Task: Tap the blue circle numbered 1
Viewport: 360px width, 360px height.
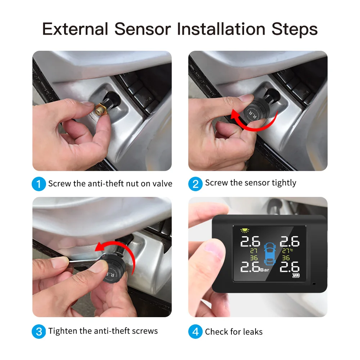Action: (39, 184)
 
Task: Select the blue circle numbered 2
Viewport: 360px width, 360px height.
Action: (195, 184)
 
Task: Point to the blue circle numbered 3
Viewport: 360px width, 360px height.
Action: (39, 331)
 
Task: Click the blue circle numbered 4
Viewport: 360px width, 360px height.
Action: (195, 331)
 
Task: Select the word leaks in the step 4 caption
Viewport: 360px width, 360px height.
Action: (252, 332)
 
